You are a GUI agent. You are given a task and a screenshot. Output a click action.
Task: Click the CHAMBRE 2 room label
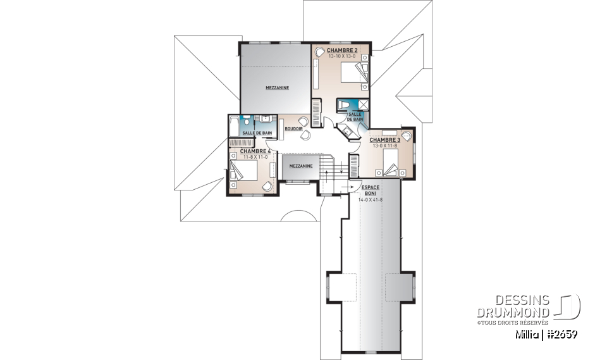point(343,49)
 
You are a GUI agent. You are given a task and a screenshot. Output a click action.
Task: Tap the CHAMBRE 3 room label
point(384,140)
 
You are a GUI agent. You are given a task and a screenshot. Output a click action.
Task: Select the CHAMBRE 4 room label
point(255,151)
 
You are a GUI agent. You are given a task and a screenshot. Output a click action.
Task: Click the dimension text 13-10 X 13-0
point(342,56)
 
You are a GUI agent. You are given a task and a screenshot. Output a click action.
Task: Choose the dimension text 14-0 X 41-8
point(370,200)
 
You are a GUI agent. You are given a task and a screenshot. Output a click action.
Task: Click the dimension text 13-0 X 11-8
point(384,146)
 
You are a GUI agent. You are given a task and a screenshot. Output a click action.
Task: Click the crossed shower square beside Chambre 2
point(364,105)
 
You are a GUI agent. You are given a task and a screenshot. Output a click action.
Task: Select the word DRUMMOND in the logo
point(513,313)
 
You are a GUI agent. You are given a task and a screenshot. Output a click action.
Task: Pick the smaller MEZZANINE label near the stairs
point(300,166)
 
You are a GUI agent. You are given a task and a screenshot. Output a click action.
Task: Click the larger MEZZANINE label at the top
point(277,88)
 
